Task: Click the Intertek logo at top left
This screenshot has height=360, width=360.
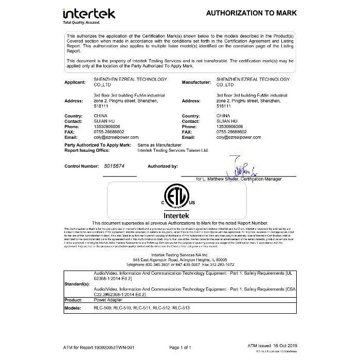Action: [88, 13]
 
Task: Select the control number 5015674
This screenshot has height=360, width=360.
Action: [113, 167]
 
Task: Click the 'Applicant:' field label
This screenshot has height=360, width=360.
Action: [75, 82]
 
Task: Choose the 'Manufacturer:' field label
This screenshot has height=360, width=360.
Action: [197, 82]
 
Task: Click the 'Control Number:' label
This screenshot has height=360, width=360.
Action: [82, 167]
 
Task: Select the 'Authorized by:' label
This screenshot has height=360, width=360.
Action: [163, 167]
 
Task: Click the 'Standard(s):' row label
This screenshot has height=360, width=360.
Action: [78, 284]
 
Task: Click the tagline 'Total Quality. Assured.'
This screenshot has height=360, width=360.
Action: [81, 23]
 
